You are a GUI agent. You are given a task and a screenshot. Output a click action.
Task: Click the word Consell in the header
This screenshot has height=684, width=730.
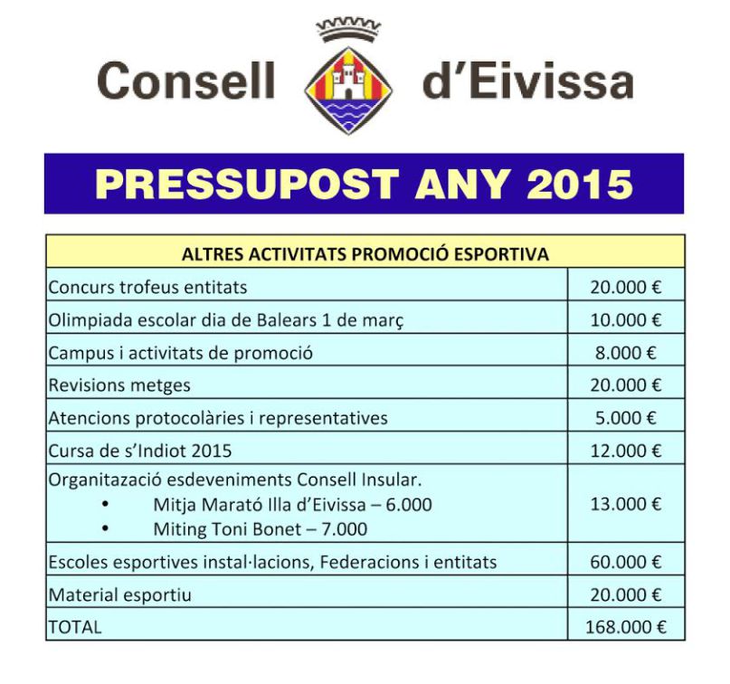185,81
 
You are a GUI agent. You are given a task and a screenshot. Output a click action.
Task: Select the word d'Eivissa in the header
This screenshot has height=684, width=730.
527,81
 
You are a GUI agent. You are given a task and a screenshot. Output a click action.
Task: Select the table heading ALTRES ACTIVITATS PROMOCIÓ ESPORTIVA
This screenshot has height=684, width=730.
365,254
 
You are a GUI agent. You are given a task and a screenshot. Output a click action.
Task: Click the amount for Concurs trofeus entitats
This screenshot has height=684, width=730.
625,288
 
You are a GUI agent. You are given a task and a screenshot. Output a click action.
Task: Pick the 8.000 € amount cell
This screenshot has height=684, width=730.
625,353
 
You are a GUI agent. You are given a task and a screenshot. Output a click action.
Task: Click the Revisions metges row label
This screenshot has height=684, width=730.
119,385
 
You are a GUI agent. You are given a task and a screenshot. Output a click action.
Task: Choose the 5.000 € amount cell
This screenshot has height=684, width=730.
625,418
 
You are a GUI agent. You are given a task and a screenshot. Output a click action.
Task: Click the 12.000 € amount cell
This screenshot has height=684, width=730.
625,451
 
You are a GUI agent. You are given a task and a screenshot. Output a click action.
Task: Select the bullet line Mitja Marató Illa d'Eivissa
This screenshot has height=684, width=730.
292,505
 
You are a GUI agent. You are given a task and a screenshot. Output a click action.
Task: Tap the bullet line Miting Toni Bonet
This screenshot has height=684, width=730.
261,529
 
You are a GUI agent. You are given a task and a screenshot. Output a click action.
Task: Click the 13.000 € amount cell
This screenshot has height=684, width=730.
625,504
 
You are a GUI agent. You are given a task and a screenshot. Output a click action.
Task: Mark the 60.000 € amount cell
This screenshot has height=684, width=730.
625,562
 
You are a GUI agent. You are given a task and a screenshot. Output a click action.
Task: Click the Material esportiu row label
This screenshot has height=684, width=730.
119,594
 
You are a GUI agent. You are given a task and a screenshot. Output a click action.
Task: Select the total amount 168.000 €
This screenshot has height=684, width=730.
625,626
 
